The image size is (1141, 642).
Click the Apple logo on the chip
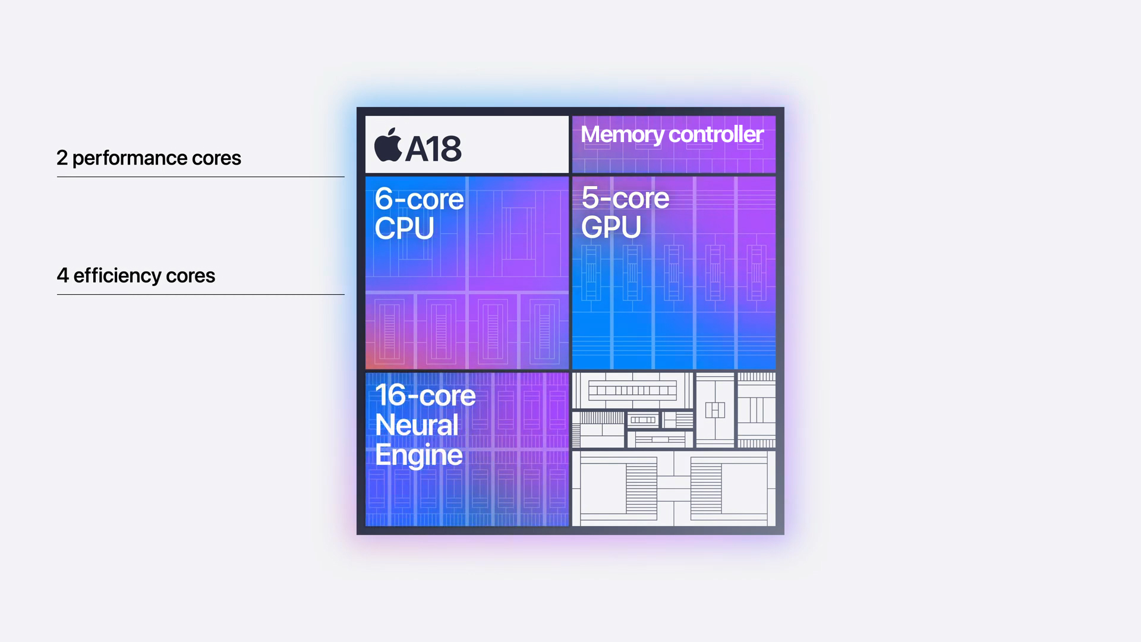(388, 145)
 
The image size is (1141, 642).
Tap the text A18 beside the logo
(433, 149)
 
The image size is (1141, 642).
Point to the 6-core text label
(419, 199)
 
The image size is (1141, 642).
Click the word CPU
(404, 228)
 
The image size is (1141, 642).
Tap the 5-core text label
(625, 198)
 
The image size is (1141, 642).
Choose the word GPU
(611, 227)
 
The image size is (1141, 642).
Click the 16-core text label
(425, 395)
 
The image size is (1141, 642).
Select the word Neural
(417, 425)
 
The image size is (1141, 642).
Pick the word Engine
(418, 455)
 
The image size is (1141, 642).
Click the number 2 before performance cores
(62, 158)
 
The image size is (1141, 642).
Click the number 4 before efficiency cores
(62, 276)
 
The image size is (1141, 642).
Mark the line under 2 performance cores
(200, 177)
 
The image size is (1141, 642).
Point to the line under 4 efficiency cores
(200, 294)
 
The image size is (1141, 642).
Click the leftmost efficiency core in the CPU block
(390, 331)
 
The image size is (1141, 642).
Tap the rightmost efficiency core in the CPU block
(544, 331)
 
